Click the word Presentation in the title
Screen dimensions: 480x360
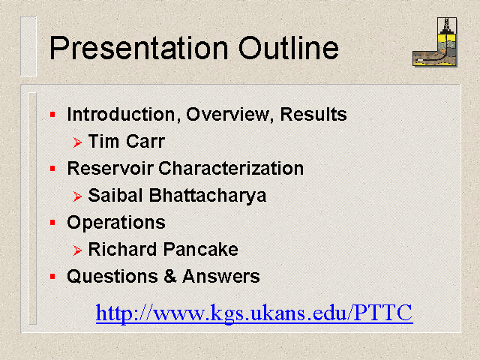click(x=139, y=48)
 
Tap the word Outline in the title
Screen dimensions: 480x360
click(x=288, y=47)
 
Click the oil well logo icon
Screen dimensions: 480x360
click(x=435, y=42)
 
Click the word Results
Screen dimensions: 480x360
click(x=313, y=114)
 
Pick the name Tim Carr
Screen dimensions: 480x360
click(x=127, y=141)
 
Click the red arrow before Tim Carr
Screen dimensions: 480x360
click(x=77, y=142)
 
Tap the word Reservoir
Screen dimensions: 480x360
click(x=110, y=168)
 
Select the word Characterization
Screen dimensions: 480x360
click(x=231, y=168)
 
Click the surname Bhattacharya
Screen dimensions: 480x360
click(x=208, y=195)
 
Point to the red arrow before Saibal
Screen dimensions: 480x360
click(x=77, y=196)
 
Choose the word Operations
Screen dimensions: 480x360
click(x=116, y=223)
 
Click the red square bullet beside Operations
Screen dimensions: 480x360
click(x=52, y=223)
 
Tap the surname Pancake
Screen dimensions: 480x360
click(x=200, y=249)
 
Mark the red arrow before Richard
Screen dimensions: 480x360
click(x=77, y=250)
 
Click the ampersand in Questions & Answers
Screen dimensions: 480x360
click(x=170, y=276)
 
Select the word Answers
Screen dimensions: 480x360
click(x=221, y=276)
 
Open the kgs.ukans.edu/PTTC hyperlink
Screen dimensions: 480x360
click(x=254, y=313)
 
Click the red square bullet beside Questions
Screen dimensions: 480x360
click(x=52, y=277)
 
